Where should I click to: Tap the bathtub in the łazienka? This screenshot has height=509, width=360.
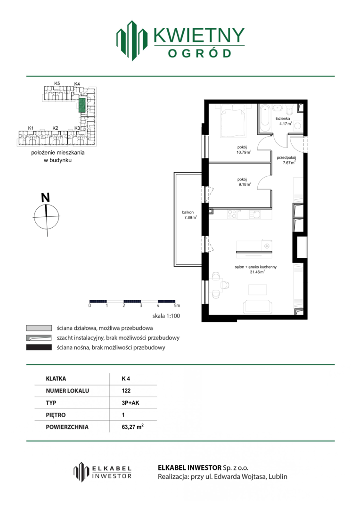pos(265,118)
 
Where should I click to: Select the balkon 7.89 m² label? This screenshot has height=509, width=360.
pos(189,215)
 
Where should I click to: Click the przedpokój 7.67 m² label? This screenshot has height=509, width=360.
pos(286,160)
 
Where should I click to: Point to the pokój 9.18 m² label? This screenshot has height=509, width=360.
pos(244,182)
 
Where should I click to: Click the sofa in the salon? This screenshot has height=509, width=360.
pos(258,307)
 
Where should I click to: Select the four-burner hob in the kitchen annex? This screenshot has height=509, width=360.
pos(232,214)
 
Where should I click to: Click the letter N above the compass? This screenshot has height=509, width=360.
pos(45,197)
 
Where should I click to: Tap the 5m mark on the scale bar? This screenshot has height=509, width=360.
pos(177,305)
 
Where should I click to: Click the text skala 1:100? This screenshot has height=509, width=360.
pos(166,316)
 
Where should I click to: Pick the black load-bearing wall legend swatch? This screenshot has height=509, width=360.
pos(39,347)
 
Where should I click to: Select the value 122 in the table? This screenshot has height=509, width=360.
pos(126,391)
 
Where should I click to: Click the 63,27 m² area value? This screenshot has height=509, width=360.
pos(133,427)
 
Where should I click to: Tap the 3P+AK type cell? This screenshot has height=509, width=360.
pos(131,403)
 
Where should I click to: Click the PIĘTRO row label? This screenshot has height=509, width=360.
pos(56,415)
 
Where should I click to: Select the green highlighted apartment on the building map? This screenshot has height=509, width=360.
pos(82,105)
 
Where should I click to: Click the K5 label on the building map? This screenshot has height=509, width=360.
pos(57,83)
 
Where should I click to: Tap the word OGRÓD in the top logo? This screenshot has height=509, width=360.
pos(200,53)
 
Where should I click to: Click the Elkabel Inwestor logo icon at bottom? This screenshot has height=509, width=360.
pos(81,472)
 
